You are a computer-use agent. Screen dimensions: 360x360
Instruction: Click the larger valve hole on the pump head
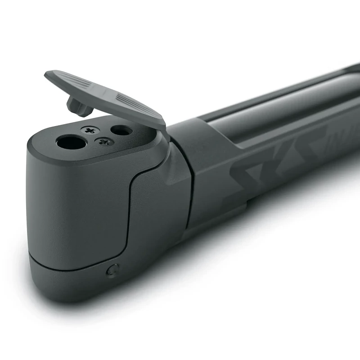coord(72,143)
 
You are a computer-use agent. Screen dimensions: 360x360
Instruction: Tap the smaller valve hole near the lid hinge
coord(121,130)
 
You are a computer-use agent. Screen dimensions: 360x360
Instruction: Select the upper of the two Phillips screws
coord(90,130)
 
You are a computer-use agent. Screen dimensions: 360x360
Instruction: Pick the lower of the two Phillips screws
coord(104,142)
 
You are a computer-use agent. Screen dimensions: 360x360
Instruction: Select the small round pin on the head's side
coord(112,270)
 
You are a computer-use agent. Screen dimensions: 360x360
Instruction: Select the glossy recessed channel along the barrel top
coord(270,112)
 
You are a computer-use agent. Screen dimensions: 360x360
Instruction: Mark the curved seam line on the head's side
coord(131,198)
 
